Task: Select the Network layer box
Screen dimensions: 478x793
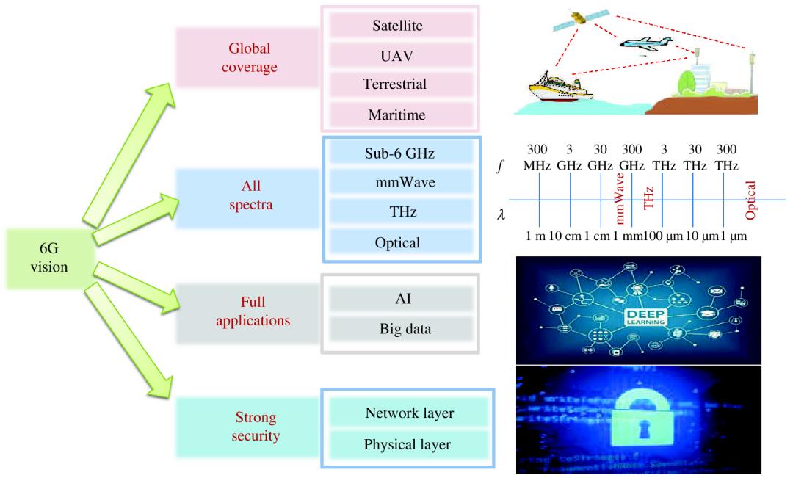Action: tap(408, 413)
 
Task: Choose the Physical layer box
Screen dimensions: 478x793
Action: tap(408, 444)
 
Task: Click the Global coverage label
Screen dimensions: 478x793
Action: tap(249, 58)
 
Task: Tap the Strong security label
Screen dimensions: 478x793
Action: tap(249, 427)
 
